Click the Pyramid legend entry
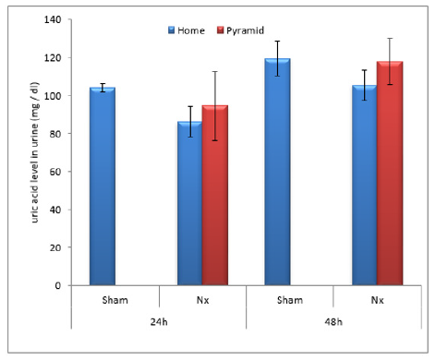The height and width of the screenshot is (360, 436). pyautogui.click(x=239, y=30)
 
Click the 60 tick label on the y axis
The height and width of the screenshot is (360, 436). pyautogui.click(x=60, y=172)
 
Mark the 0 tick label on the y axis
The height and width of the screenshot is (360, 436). pyautogui.click(x=63, y=285)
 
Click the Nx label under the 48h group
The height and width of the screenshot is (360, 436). pyautogui.click(x=376, y=299)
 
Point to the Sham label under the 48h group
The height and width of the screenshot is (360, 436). pyautogui.click(x=289, y=299)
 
